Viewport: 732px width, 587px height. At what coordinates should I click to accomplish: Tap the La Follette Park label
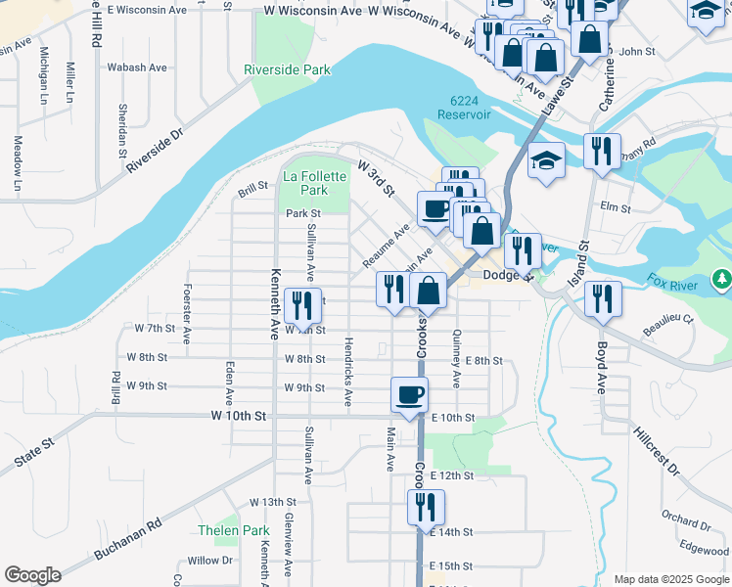pyautogui.click(x=314, y=183)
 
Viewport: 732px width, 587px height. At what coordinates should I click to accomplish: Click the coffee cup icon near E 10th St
pyautogui.click(x=409, y=394)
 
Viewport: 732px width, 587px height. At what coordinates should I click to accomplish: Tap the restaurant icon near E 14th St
pyautogui.click(x=426, y=507)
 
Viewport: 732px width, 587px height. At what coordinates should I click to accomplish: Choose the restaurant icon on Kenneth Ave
pyautogui.click(x=301, y=305)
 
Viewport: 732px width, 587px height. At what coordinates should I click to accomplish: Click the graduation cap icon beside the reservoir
pyautogui.click(x=547, y=160)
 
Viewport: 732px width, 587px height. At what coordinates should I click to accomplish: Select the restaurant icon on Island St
pyautogui.click(x=603, y=297)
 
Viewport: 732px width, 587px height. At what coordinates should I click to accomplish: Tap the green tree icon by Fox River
pyautogui.click(x=722, y=280)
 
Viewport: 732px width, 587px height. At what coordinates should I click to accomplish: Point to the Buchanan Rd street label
pyautogui.click(x=126, y=539)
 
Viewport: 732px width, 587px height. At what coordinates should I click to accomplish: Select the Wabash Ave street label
pyautogui.click(x=137, y=68)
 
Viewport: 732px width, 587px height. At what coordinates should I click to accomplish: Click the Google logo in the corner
pyautogui.click(x=31, y=575)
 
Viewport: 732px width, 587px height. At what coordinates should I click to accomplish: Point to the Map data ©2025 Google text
pyautogui.click(x=670, y=579)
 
